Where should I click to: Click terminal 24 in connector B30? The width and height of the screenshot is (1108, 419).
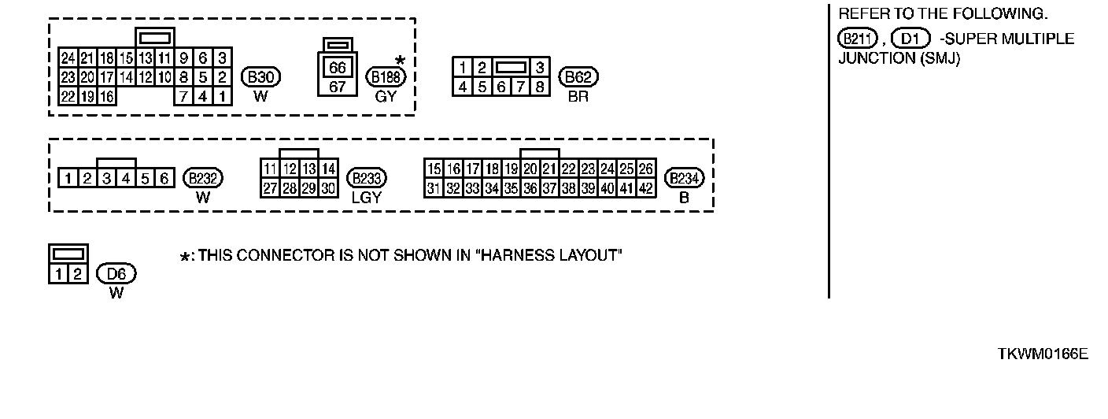68,57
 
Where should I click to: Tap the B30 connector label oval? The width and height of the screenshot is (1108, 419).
261,77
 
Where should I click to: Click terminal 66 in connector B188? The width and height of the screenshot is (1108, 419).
338,69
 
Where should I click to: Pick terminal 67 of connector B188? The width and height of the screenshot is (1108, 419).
338,86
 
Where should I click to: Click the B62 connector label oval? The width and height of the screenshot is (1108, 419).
578,77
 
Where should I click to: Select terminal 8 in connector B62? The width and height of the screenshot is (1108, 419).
540,86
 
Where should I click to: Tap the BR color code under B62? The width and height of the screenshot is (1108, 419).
578,97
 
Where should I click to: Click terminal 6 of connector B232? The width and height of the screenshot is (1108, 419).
164,178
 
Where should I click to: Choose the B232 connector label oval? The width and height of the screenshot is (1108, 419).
203,178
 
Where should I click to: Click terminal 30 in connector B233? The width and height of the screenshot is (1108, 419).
328,188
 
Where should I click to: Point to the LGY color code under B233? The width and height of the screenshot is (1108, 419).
366,198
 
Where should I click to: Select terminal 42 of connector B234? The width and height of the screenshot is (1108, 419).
645,188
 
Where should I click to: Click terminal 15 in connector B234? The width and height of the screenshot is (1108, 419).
433,169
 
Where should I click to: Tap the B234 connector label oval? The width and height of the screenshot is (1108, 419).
684,178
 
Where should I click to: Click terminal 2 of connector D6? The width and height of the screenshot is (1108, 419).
78,274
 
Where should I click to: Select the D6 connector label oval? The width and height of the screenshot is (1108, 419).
116,274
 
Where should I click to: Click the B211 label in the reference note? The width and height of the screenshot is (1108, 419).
857,39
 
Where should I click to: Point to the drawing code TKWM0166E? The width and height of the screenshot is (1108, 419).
1043,354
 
